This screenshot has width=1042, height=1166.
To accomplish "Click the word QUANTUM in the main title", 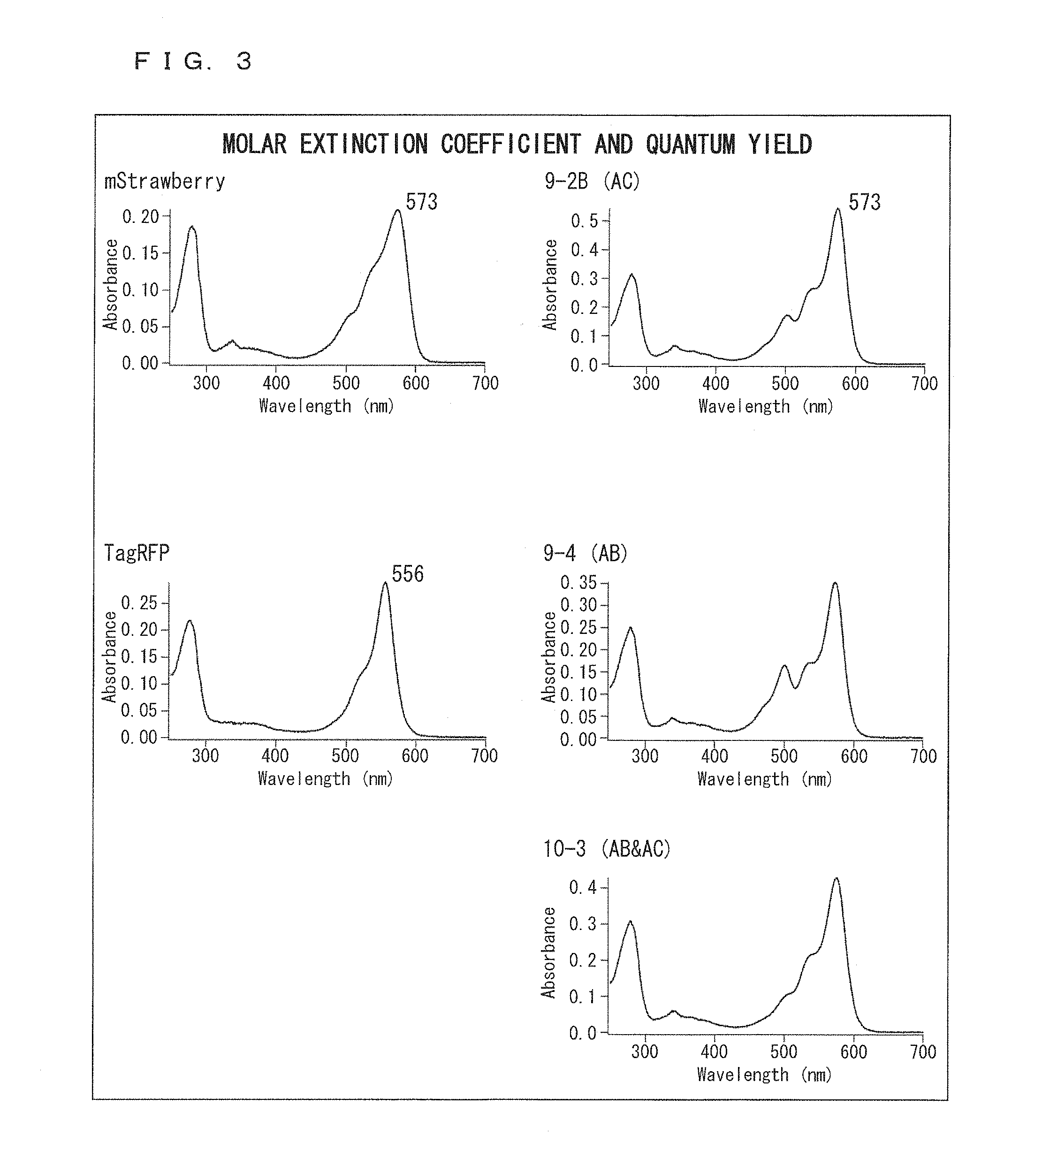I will point(690,145).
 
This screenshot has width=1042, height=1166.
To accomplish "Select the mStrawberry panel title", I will point(165,182).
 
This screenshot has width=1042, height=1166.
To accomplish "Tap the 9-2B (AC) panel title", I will point(592,182).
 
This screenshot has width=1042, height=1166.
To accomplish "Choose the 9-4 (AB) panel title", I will point(585,553).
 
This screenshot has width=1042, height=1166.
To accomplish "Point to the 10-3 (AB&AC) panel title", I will point(606,849).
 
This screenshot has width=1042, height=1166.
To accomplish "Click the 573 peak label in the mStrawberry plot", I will point(421,202).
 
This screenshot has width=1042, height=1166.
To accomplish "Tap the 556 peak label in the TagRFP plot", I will point(408,574).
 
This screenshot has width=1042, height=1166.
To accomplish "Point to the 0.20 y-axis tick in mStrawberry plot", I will point(140,216).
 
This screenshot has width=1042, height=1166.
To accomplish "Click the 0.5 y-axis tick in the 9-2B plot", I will point(584,221).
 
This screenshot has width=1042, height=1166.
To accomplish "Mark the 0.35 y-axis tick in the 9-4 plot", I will point(578,583).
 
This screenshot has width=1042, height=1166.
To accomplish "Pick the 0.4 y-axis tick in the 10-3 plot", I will point(583,888).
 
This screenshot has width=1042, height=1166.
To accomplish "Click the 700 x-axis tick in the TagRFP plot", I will point(484,756).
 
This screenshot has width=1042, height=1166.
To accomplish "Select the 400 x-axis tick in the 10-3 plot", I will point(714,1052).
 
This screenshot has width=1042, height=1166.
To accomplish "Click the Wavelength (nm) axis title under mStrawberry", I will point(327,406).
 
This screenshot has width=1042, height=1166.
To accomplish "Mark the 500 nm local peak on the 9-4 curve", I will point(784,666).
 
